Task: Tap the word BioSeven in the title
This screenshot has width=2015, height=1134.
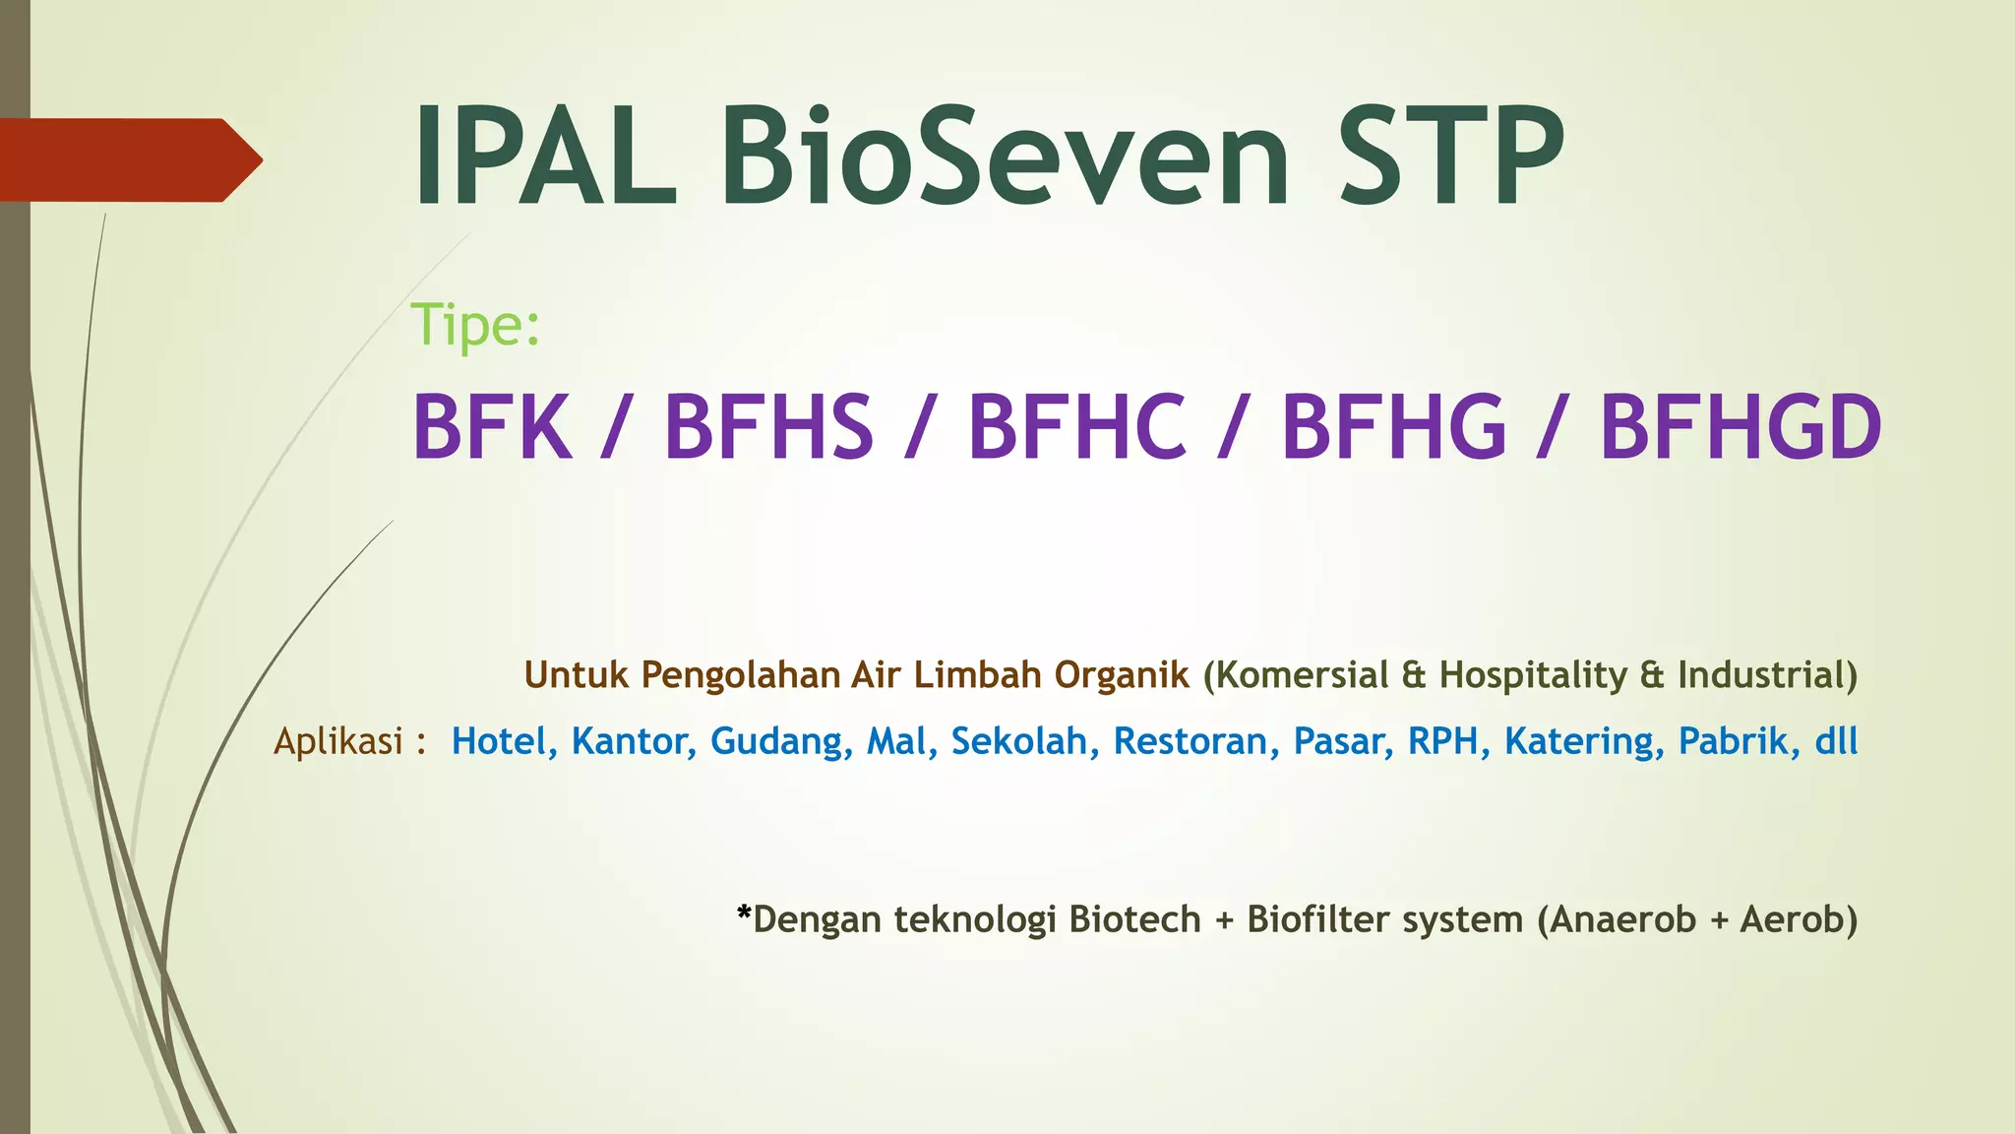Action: pyautogui.click(x=1004, y=157)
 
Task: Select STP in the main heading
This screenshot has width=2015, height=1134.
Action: pyautogui.click(x=1451, y=157)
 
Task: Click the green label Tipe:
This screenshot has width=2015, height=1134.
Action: pyautogui.click(x=475, y=325)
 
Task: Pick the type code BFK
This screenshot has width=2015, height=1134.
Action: pyautogui.click(x=492, y=427)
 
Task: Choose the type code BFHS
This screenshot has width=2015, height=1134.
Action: pyautogui.click(x=768, y=427)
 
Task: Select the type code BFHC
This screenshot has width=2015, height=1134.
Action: pyautogui.click(x=1076, y=427)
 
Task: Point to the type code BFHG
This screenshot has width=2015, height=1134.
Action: pyautogui.click(x=1393, y=427)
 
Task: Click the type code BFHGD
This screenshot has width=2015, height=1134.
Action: pyautogui.click(x=1740, y=427)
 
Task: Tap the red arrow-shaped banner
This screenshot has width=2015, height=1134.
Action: pyautogui.click(x=128, y=159)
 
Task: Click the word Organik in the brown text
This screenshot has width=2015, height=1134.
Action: pyautogui.click(x=1122, y=675)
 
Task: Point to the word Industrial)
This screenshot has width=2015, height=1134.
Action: pyautogui.click(x=1767, y=675)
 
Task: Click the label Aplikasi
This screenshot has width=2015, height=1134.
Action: pyautogui.click(x=338, y=741)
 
